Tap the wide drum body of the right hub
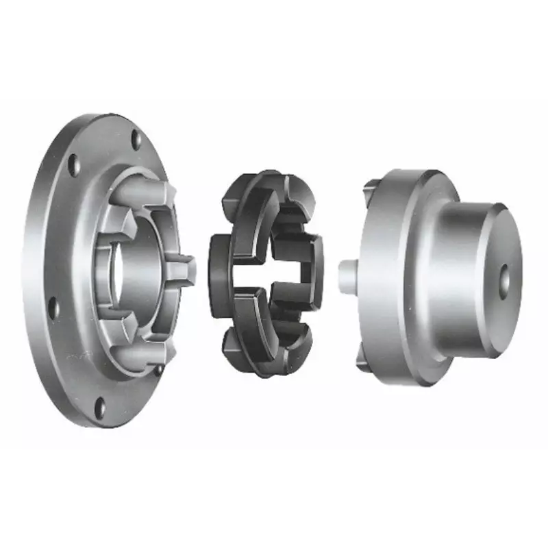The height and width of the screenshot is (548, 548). point(411,274)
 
